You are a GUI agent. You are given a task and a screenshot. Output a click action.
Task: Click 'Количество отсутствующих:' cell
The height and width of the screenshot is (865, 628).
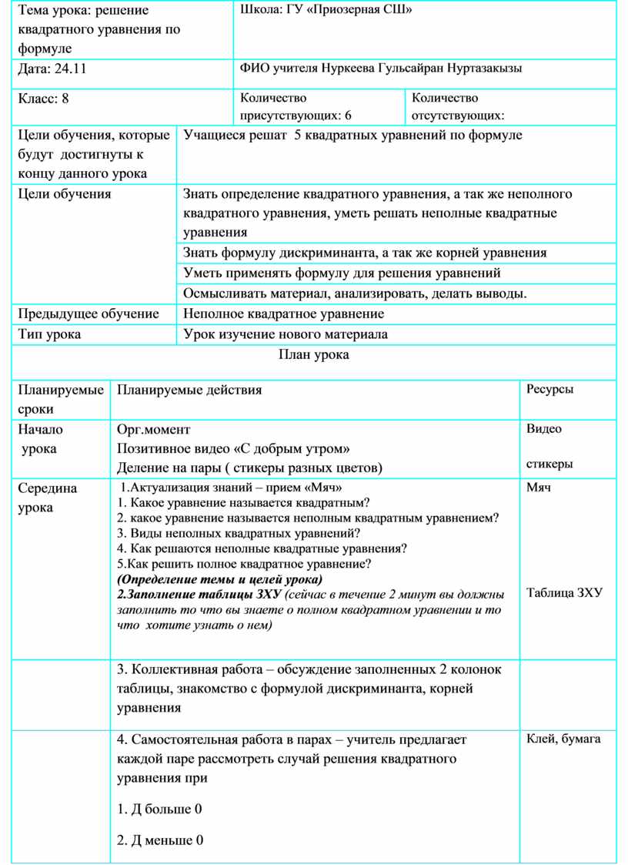(458, 106)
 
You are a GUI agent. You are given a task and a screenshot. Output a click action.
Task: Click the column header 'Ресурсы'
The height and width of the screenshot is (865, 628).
(549, 389)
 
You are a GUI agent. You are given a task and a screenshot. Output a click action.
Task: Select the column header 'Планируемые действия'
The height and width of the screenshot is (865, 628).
(189, 390)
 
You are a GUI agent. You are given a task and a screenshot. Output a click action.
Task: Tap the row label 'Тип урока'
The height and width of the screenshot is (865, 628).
(49, 334)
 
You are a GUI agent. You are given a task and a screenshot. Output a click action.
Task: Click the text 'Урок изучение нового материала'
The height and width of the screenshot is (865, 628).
(286, 334)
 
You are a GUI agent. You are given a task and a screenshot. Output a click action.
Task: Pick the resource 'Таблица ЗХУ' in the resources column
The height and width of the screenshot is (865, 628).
(564, 592)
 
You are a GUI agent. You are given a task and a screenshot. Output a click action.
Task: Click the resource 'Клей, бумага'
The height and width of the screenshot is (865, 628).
(563, 739)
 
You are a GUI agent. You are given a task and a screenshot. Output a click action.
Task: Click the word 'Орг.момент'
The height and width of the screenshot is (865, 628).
(154, 429)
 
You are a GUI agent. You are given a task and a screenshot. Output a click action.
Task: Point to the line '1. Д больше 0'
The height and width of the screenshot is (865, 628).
(159, 809)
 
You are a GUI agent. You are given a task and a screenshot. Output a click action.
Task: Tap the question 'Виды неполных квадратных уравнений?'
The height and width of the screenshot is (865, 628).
(239, 533)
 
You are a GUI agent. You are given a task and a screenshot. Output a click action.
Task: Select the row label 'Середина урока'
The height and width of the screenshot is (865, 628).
(48, 498)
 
